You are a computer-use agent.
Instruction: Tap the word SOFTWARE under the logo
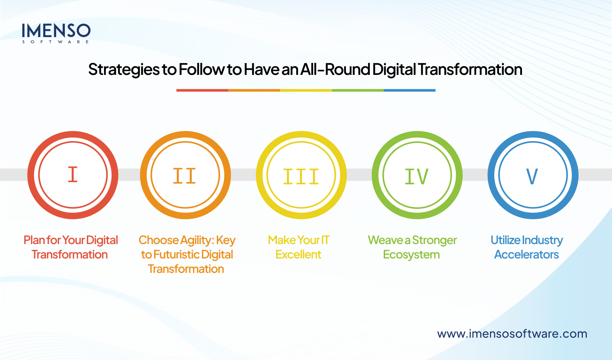pos(56,42)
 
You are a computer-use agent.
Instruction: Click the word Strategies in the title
pos(124,69)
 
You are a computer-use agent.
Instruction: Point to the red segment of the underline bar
pos(202,90)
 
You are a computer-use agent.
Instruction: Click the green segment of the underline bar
pos(357,90)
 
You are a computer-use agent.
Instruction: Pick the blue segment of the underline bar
pos(409,90)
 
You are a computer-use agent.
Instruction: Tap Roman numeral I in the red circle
pos(73,175)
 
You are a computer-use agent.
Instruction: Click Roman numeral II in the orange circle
pos(184,176)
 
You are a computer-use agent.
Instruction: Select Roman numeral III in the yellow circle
pos(301,177)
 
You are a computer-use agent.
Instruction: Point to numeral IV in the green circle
pos(417,176)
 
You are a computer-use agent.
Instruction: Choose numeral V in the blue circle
pos(532,176)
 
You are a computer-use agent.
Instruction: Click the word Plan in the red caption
pos(34,240)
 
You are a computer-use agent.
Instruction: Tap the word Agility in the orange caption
pos(197,240)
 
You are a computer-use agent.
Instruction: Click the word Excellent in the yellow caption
pos(298,255)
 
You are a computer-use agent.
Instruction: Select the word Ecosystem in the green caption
pos(411,255)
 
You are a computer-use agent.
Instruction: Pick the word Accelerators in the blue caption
pos(526,255)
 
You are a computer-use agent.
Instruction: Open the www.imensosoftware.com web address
pos(512,334)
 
